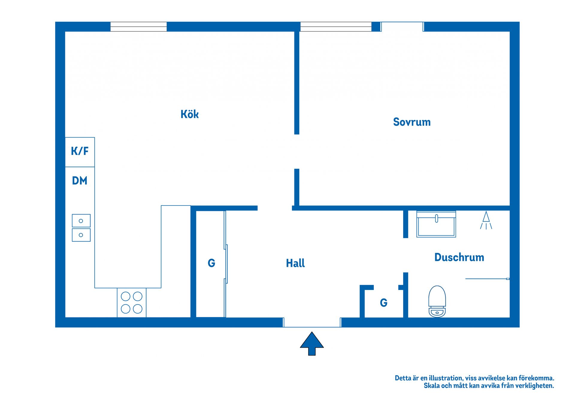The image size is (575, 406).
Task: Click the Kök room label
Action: pos(189,114)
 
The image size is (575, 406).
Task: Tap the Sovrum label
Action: pos(411,122)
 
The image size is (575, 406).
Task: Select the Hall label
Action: pos(295,263)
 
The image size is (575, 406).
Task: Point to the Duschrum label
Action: pos(459,257)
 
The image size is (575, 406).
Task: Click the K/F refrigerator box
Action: pos(80,152)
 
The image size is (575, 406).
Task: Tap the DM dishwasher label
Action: pos(80,181)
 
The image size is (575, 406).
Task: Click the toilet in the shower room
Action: pos(437,301)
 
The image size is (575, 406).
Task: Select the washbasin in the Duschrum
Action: pos(436,224)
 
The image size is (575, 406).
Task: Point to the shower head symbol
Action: pos(486,220)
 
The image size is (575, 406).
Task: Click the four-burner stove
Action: pos(131,302)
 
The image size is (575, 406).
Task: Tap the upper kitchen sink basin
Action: pos(81,221)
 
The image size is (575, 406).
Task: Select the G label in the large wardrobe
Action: pos(211,263)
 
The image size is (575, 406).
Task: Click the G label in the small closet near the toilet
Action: pos(383,303)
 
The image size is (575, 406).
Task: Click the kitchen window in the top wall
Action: pos(138,27)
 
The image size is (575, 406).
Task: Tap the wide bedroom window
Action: pos(336,27)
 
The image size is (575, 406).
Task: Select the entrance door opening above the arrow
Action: pos(312,322)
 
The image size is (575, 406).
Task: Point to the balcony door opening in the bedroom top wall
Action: pos(402,27)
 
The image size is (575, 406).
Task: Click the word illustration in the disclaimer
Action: pos(445,378)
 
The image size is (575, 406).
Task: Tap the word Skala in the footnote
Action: pos(432,386)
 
